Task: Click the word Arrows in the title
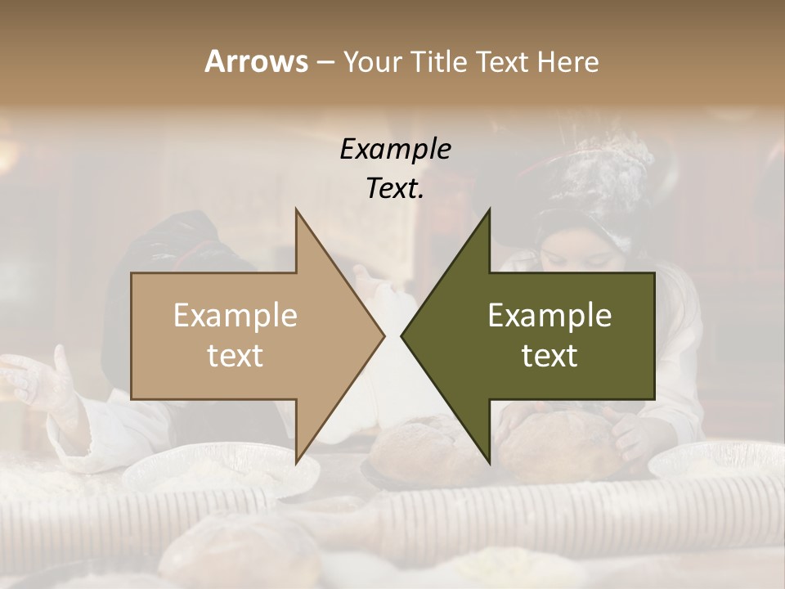click(256, 61)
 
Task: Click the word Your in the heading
click(373, 61)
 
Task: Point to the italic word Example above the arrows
click(395, 149)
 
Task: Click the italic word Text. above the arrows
click(395, 188)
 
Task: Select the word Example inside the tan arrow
click(235, 316)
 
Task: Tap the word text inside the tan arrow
click(235, 355)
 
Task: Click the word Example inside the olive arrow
click(549, 316)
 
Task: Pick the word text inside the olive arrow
click(549, 355)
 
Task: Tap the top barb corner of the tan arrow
click(297, 210)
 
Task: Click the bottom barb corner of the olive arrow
click(489, 461)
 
